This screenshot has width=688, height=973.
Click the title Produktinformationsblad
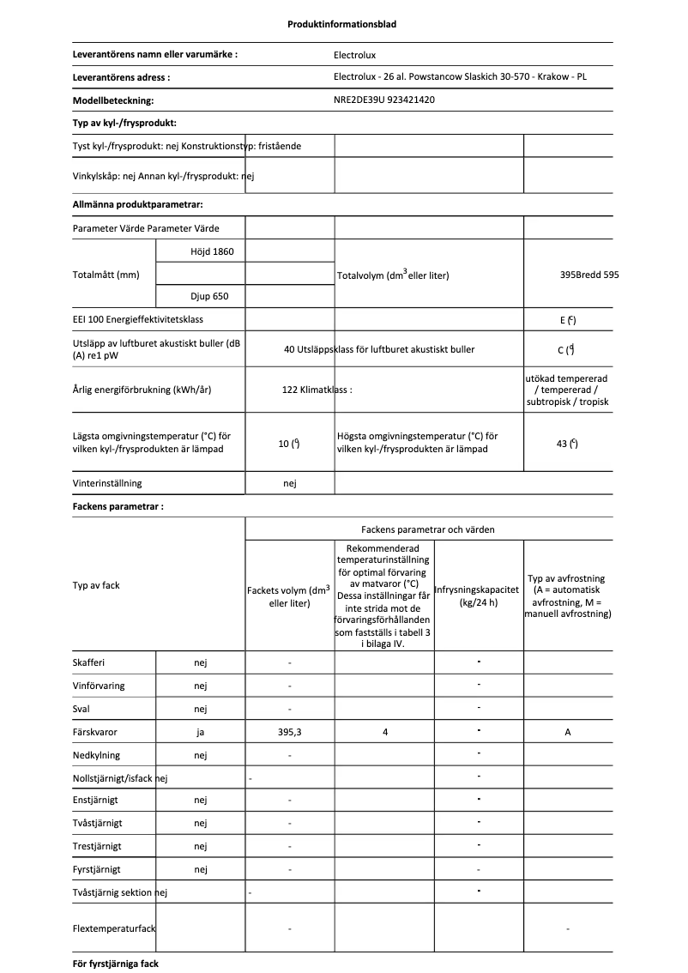pyautogui.click(x=341, y=24)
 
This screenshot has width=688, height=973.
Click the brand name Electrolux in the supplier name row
pyautogui.click(x=354, y=55)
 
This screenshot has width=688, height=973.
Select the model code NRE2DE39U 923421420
pyautogui.click(x=383, y=100)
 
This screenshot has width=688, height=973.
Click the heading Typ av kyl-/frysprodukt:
pyautogui.click(x=124, y=124)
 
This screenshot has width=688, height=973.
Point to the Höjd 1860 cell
pyautogui.click(x=201, y=251)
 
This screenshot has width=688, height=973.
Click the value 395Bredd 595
pyautogui.click(x=588, y=275)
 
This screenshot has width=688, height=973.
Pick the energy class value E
pyautogui.click(x=567, y=320)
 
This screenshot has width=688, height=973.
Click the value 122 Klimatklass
pyautogui.click(x=317, y=389)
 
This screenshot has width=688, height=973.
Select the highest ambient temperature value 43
pyautogui.click(x=566, y=444)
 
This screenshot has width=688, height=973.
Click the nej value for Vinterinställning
pyautogui.click(x=289, y=484)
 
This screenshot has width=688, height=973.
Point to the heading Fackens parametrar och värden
pyautogui.click(x=427, y=529)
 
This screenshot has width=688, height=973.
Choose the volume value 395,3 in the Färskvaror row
pyautogui.click(x=289, y=732)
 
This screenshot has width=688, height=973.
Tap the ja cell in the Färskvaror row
pyautogui.click(x=201, y=732)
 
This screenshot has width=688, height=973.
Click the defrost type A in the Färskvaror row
pyautogui.click(x=567, y=732)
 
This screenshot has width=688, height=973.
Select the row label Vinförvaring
pyautogui.click(x=97, y=686)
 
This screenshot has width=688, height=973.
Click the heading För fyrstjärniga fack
pyautogui.click(x=116, y=964)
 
